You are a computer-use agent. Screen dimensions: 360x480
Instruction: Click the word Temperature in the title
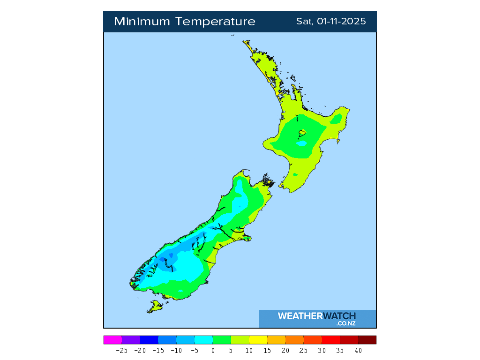click(216, 22)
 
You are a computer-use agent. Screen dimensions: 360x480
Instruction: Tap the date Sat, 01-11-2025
click(331, 22)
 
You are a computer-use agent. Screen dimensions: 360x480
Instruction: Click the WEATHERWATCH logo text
click(316, 316)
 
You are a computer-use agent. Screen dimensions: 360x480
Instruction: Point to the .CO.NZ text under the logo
click(345, 323)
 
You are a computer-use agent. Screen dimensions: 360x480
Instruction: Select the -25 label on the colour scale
click(121, 350)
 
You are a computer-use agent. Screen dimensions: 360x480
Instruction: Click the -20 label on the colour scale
click(140, 350)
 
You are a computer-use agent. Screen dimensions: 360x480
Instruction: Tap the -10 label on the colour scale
click(176, 350)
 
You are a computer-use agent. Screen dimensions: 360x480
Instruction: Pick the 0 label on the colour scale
click(213, 350)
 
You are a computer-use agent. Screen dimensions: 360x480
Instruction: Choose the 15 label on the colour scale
click(267, 350)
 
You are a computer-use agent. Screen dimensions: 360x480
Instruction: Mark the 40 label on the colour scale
click(358, 350)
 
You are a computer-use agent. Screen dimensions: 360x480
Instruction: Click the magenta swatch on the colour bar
click(112, 340)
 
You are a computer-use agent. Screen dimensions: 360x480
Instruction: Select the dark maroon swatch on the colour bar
click(367, 340)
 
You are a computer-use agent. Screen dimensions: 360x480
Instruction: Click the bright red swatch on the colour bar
click(330, 340)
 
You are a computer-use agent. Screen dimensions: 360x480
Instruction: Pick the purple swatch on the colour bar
click(131, 340)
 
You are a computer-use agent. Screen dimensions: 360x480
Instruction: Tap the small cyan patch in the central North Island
click(301, 143)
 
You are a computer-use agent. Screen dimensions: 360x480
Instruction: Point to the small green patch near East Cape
click(336, 120)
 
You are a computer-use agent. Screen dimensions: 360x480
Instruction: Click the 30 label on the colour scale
click(322, 350)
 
